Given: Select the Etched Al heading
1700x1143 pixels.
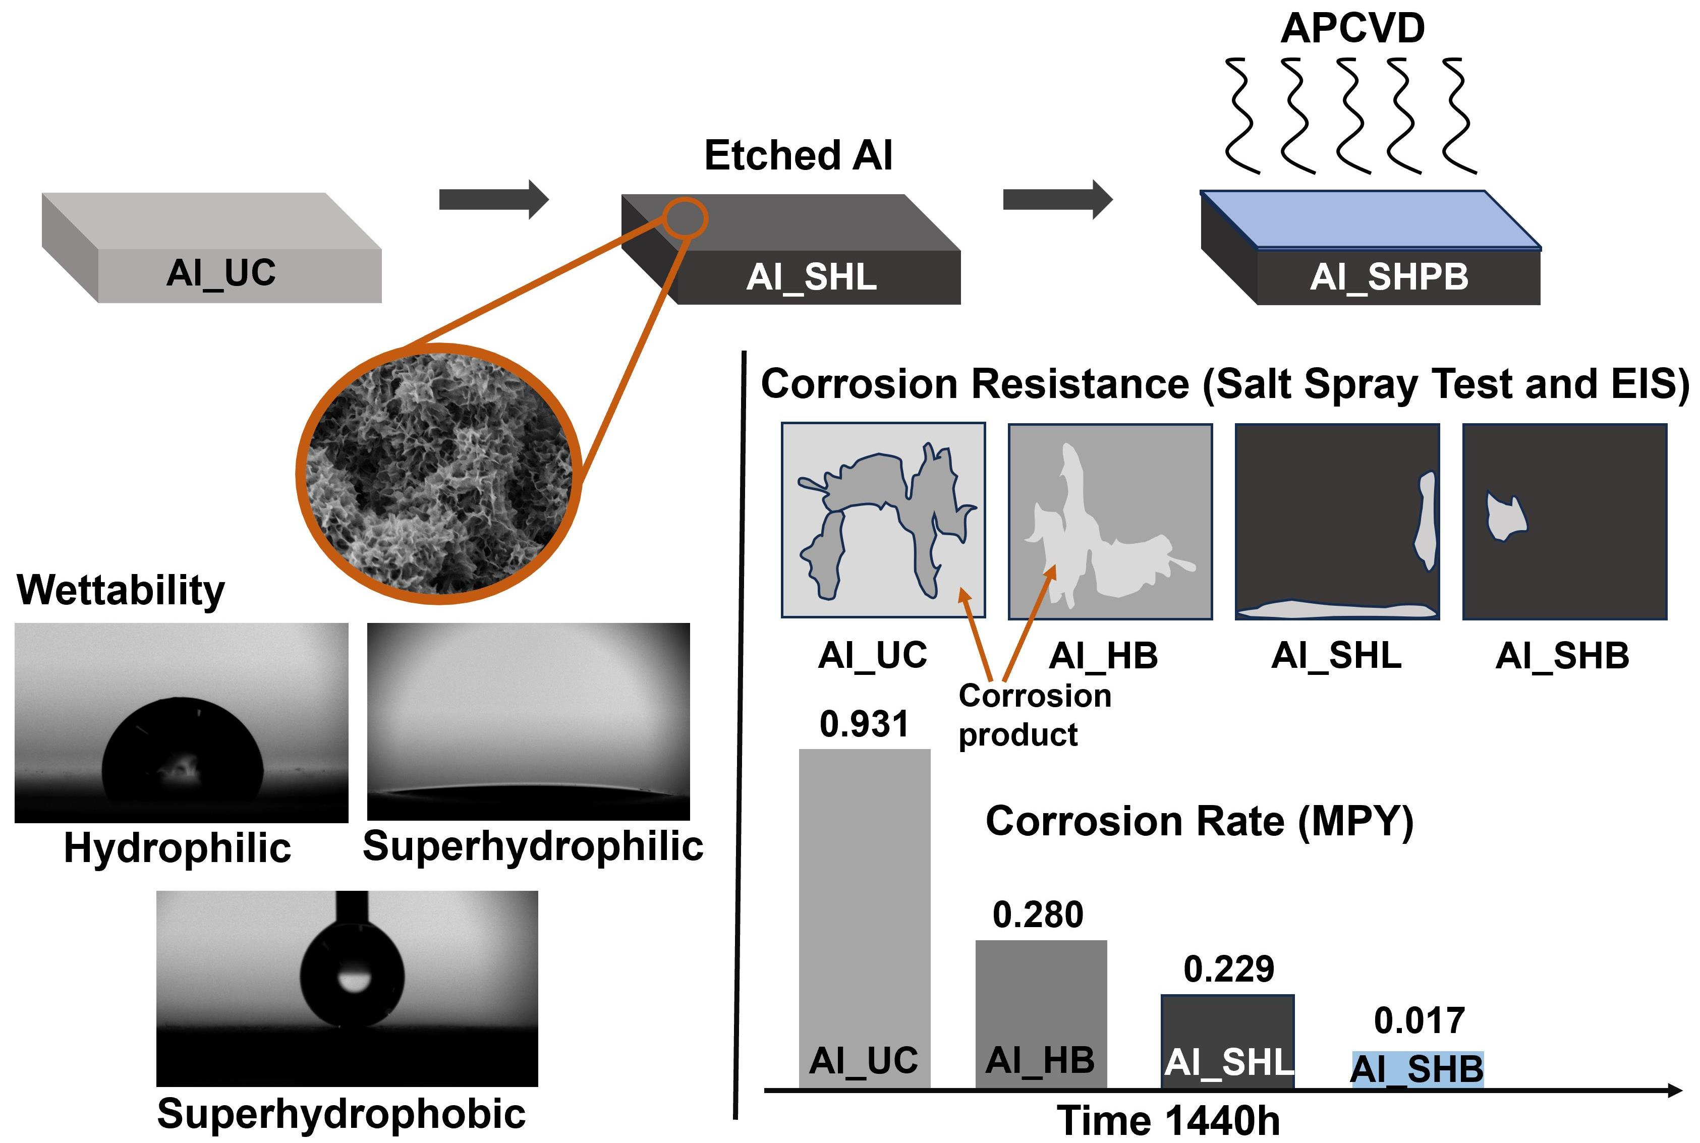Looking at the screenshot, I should (x=798, y=155).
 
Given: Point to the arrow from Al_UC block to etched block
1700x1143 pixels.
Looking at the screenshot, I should (x=493, y=199).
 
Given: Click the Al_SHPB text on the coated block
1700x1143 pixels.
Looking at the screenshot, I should (x=1389, y=277).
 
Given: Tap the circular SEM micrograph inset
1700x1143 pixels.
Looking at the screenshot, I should (x=439, y=473).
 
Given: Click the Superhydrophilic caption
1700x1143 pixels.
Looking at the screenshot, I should (x=533, y=846).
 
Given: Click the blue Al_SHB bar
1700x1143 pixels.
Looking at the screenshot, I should (x=1417, y=1069).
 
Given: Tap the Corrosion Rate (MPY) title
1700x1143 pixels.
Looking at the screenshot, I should (x=1199, y=822).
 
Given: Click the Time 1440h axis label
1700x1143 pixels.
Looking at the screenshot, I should (x=1168, y=1120).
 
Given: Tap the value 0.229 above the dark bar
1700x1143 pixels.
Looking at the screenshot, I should (x=1228, y=969).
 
